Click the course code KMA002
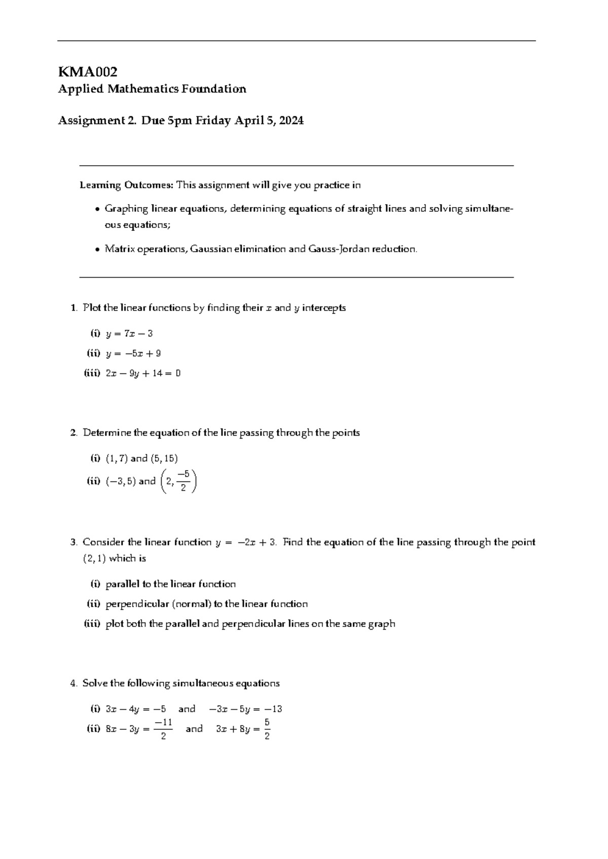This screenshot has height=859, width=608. [x=88, y=72]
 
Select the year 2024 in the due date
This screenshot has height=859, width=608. [x=291, y=121]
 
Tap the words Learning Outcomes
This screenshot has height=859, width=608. [x=126, y=185]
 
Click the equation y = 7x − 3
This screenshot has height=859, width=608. [x=129, y=334]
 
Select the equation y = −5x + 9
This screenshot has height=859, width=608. [x=133, y=354]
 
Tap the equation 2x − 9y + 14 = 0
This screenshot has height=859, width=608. [x=143, y=374]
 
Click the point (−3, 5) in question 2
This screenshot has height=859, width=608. [x=121, y=482]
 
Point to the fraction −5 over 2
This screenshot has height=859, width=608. [x=183, y=481]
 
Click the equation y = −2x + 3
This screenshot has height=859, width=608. [x=245, y=543]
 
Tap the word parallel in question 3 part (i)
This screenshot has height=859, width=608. [x=122, y=584]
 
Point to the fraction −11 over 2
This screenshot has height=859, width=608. [x=163, y=729]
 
